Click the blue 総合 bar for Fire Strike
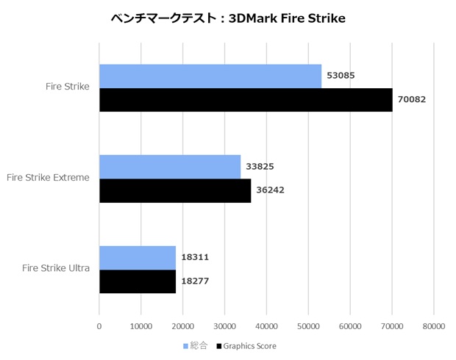[210, 76]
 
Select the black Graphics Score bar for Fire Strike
[246, 100]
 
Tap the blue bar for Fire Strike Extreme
[170, 167]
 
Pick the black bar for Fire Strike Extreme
[175, 190]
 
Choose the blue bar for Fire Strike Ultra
[138, 257]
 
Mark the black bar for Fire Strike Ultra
[138, 281]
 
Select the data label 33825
[260, 166]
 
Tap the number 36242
[271, 190]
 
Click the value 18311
[196, 257]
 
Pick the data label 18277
[196, 281]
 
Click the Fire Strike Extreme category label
[48, 177]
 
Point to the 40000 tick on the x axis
[266, 325]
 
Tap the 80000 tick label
[434, 325]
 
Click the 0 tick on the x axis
[99, 325]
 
